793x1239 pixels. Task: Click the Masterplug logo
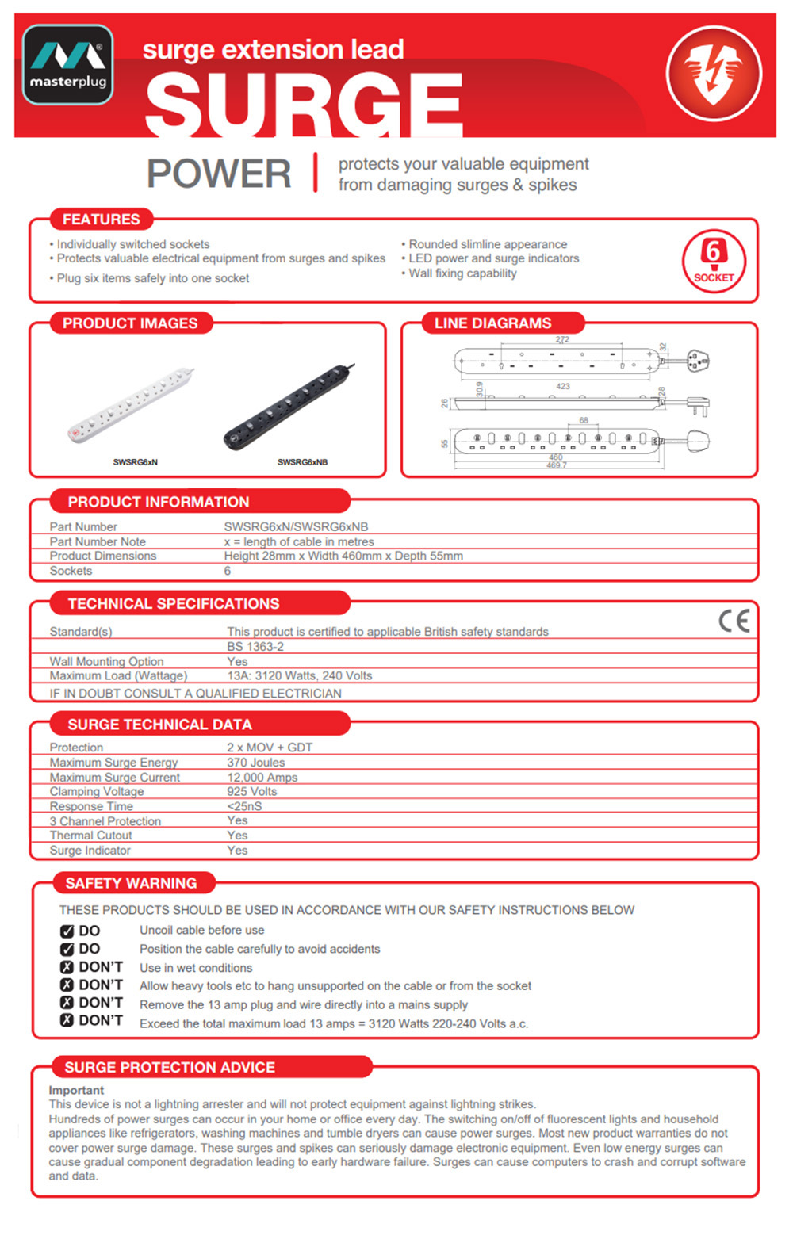point(68,65)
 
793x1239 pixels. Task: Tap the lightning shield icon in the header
point(714,74)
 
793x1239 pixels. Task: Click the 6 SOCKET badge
point(714,261)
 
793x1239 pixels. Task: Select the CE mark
point(734,621)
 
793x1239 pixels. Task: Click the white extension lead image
point(132,404)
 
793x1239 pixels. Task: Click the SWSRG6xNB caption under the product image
point(302,462)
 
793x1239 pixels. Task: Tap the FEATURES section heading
point(101,220)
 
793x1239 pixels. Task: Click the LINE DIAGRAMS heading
point(492,323)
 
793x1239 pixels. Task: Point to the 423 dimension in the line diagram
point(563,387)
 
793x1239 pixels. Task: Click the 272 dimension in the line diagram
point(562,340)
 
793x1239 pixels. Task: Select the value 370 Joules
point(255,763)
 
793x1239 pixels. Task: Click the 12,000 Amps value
point(262,778)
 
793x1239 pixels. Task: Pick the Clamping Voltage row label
point(97,792)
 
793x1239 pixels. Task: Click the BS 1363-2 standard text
point(255,647)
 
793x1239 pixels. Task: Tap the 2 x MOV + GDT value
point(270,748)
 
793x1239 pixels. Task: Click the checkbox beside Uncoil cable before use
point(67,931)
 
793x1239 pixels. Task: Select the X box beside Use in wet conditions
point(67,968)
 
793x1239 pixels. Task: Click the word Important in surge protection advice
point(76,1091)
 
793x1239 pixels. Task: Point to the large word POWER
point(219,174)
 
